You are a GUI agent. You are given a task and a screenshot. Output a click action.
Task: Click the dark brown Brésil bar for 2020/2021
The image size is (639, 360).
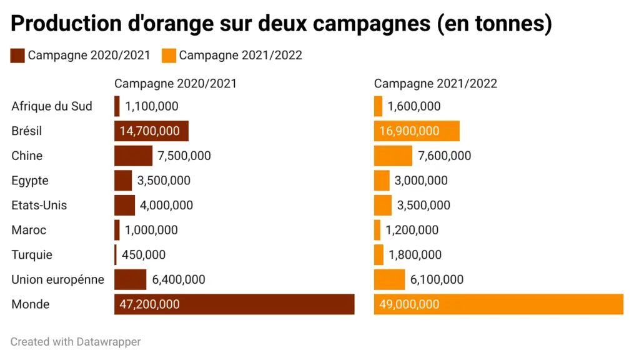[151, 131]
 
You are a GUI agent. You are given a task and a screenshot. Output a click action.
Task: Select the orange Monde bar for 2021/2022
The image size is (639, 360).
[498, 304]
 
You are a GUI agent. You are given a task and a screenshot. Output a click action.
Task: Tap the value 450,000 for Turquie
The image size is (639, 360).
[144, 255]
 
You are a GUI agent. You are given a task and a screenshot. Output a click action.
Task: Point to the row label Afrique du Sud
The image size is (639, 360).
[52, 106]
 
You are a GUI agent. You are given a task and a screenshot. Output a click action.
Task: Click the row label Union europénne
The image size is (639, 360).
[58, 279]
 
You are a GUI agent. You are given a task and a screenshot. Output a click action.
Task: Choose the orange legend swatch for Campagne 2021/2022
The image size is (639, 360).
[169, 56]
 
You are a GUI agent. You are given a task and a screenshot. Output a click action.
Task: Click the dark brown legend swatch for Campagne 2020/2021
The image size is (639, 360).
[17, 56]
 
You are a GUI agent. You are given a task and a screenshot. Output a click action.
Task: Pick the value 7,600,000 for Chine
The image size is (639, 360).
[444, 156]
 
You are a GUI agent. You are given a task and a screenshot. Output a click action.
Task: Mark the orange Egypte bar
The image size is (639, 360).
[382, 181]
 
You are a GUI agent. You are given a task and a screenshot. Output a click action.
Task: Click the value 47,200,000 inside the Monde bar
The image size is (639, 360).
[149, 304]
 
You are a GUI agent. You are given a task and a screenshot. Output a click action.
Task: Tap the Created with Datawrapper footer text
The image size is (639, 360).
[76, 342]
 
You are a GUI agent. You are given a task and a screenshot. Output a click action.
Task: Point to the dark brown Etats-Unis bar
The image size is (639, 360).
[124, 205]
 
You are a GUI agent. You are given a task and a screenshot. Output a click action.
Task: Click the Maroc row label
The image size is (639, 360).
[29, 230]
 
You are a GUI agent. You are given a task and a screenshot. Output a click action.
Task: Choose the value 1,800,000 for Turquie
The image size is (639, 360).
[415, 255]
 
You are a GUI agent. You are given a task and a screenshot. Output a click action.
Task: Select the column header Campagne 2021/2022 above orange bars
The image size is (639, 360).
[435, 84]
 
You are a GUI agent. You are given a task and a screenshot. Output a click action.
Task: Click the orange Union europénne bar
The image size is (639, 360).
[389, 279]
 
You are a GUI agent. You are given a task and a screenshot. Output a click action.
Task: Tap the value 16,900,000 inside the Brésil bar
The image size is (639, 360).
[409, 131]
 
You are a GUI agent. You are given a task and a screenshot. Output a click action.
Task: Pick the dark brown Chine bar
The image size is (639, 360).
[133, 156]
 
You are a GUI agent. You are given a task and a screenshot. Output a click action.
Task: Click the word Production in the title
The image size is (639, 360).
[66, 23]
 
